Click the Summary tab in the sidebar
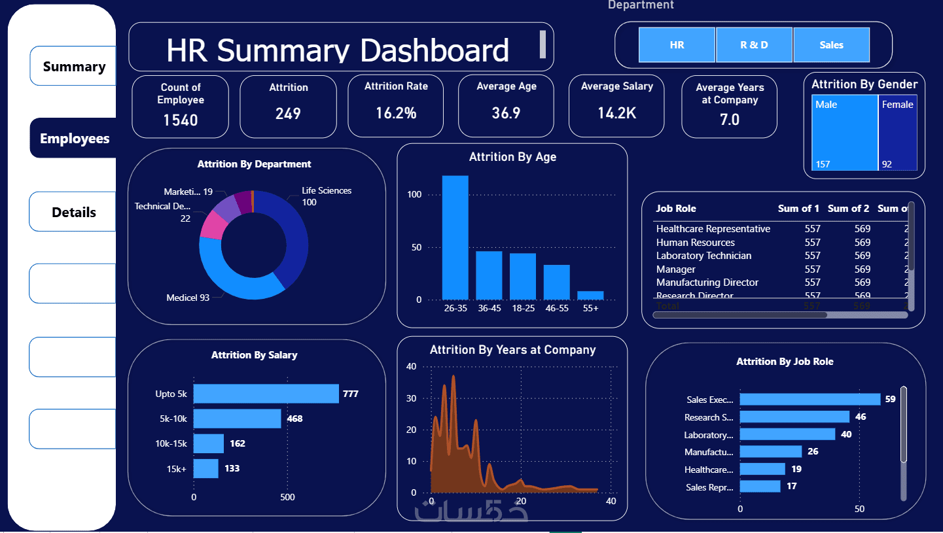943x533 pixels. point(74,67)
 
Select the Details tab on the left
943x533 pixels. point(74,213)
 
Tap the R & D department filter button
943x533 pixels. point(754,45)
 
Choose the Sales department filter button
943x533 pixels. point(831,45)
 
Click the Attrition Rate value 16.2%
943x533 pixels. point(396,113)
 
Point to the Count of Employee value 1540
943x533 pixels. point(181,120)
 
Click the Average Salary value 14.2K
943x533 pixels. point(616,113)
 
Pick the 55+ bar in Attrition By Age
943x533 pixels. point(590,296)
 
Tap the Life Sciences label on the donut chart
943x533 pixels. point(327,191)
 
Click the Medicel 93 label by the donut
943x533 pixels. point(188,298)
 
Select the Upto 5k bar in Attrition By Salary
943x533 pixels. point(266,394)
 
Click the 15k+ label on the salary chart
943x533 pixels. point(177,468)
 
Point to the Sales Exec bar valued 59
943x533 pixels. point(810,400)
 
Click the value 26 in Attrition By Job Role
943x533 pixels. point(813,451)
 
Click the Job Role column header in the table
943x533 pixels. point(676,209)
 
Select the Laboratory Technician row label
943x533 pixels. point(703,256)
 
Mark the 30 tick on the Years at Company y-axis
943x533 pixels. point(412,398)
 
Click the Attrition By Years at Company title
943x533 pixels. point(512,350)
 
